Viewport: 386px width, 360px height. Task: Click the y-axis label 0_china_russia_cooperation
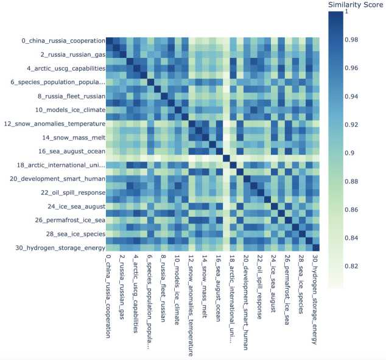pyautogui.click(x=63, y=41)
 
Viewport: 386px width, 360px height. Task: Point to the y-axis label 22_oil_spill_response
pyautogui.click(x=68, y=192)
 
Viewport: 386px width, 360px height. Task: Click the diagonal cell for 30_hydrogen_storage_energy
pyautogui.click(x=315, y=247)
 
